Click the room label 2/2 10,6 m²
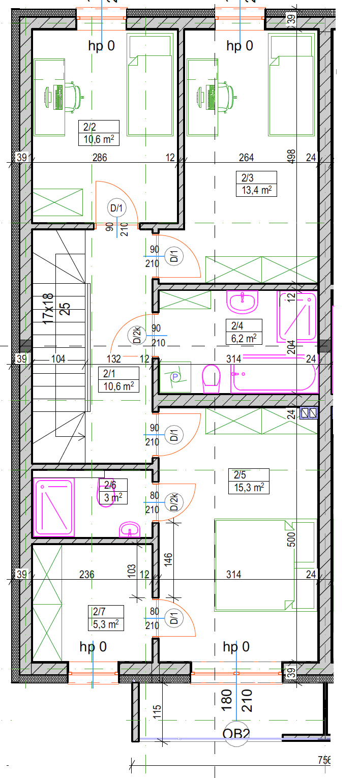click(x=99, y=133)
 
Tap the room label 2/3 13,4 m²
click(x=256, y=184)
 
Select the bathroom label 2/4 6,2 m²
click(x=244, y=332)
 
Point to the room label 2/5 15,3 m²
click(x=249, y=482)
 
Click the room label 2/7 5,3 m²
click(x=106, y=618)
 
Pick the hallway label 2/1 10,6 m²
click(x=118, y=380)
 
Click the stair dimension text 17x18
click(x=48, y=309)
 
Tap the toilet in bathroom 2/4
click(x=212, y=379)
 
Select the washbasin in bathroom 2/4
click(x=243, y=302)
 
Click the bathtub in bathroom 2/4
click(x=275, y=374)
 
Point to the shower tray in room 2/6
click(x=54, y=507)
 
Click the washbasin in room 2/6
click(x=130, y=529)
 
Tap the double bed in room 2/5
click(x=265, y=565)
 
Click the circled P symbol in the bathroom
click(x=175, y=376)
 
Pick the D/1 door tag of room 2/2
click(x=116, y=208)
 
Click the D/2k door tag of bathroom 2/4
click(x=137, y=335)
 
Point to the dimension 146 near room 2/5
click(x=168, y=559)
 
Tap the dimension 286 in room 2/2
click(x=100, y=158)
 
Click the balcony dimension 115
click(x=157, y=712)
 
